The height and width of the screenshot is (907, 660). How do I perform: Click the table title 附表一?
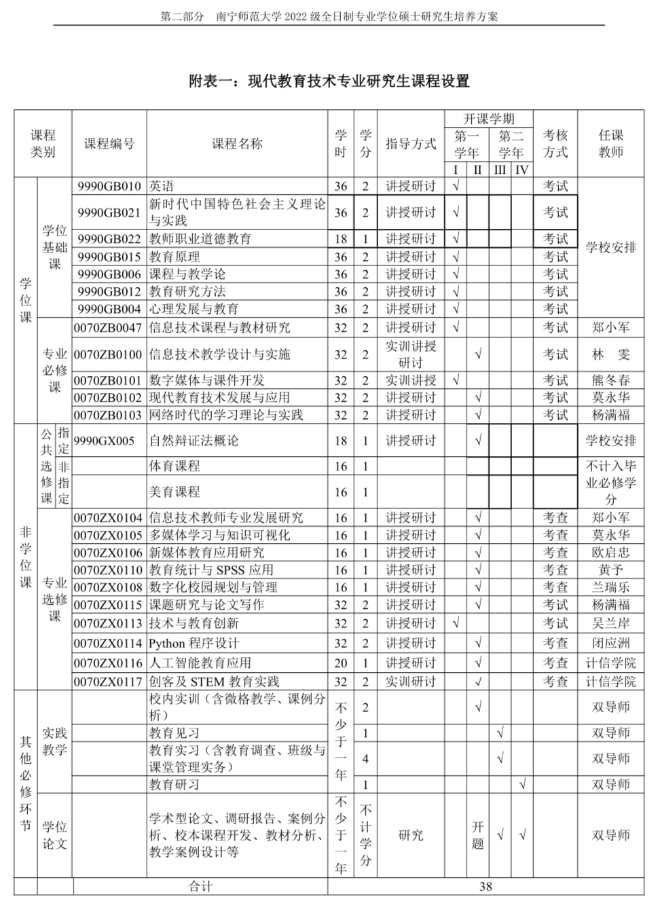pyautogui.click(x=329, y=81)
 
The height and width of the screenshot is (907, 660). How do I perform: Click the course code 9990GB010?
pyautogui.click(x=109, y=186)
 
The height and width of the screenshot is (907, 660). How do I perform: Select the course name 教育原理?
pyautogui.click(x=175, y=257)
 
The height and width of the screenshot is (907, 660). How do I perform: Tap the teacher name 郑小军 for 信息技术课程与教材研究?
pyautogui.click(x=610, y=327)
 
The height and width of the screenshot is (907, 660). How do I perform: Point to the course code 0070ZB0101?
pyautogui.click(x=109, y=380)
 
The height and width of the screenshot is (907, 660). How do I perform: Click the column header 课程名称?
pyautogui.click(x=236, y=144)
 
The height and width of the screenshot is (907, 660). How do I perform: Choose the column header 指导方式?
pyautogui.click(x=410, y=144)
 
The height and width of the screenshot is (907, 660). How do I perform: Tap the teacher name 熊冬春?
pyautogui.click(x=610, y=380)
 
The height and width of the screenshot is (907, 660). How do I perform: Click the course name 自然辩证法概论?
pyautogui.click(x=194, y=441)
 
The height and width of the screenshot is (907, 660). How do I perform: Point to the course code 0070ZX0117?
pyautogui.click(x=109, y=681)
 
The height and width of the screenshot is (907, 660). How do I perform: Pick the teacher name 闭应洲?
pyautogui.click(x=610, y=643)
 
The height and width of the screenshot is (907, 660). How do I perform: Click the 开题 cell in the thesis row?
pyautogui.click(x=478, y=835)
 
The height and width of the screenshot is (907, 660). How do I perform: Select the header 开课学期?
pyautogui.click(x=488, y=118)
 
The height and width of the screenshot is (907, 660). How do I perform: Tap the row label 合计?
pyautogui.click(x=200, y=886)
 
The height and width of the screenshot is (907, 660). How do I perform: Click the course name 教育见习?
pyautogui.click(x=175, y=733)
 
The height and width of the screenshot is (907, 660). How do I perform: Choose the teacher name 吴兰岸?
pyautogui.click(x=610, y=623)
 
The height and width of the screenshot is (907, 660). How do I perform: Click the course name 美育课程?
pyautogui.click(x=175, y=492)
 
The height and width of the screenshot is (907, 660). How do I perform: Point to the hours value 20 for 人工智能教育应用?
pyautogui.click(x=340, y=663)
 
